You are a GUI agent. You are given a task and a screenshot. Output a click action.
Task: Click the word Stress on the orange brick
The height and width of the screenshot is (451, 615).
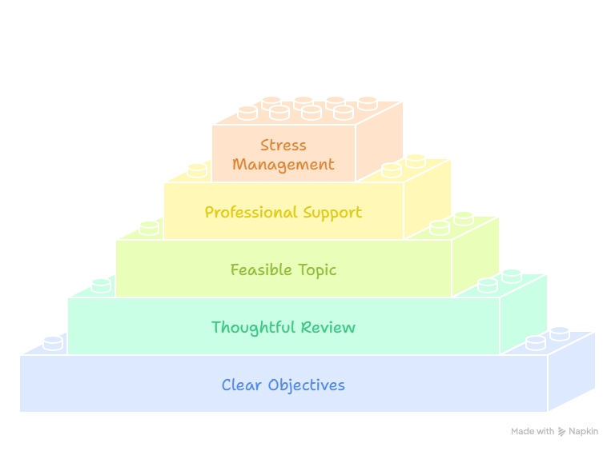click(283, 146)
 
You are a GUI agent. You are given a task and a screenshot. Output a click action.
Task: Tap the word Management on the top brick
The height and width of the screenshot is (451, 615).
click(283, 165)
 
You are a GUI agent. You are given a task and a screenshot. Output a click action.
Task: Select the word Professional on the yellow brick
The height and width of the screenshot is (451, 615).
click(251, 213)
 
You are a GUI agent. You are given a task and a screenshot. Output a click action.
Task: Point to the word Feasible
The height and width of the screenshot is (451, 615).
click(261, 269)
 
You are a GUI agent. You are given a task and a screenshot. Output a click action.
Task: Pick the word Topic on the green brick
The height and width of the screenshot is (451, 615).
click(317, 270)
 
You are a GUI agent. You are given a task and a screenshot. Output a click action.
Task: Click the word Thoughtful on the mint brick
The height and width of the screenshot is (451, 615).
click(253, 327)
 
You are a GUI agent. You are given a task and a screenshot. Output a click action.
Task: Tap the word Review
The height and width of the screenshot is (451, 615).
click(328, 327)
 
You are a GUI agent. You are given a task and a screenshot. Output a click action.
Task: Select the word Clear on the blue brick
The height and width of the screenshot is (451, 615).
click(241, 385)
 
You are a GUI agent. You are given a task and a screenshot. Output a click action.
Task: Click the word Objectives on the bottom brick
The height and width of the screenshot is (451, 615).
click(307, 385)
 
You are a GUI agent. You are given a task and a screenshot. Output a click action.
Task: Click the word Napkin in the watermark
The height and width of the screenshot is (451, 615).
click(583, 432)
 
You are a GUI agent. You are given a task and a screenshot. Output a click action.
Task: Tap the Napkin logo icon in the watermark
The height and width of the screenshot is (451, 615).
click(561, 432)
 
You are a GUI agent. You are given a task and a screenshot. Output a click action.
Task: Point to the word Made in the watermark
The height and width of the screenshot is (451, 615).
click(522, 432)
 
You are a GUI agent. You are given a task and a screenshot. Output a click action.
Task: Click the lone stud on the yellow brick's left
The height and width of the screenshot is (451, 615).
click(197, 170)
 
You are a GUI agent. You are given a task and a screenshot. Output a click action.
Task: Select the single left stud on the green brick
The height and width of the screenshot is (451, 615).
click(149, 228)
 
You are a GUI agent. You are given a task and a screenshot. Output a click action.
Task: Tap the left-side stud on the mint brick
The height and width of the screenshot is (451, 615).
click(101, 285)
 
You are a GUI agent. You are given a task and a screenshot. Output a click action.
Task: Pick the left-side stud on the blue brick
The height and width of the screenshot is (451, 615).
click(53, 343)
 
